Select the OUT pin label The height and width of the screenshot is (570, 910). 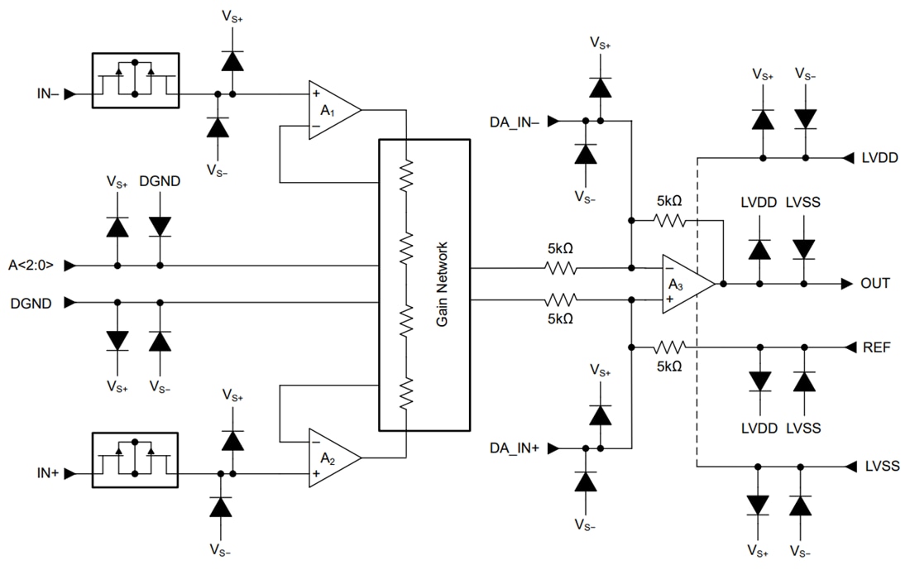875,284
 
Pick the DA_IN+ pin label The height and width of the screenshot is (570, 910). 514,448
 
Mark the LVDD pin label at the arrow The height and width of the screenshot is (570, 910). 879,157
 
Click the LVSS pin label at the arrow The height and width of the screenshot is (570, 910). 879,466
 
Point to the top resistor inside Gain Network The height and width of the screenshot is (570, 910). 405,176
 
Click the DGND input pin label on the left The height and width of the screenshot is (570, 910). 31,304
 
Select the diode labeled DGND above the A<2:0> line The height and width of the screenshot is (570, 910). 160,227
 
